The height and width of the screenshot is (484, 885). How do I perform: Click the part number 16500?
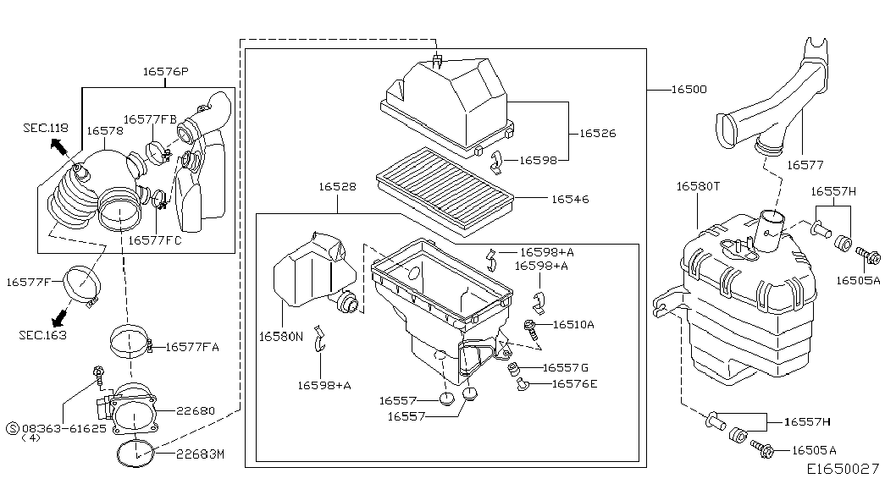(x=689, y=89)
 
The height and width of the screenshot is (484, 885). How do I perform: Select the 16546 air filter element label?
(x=570, y=200)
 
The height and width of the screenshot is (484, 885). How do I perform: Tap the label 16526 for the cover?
(x=598, y=134)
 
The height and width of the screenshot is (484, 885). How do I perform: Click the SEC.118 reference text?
(x=45, y=127)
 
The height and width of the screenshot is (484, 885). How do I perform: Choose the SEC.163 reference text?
(x=41, y=335)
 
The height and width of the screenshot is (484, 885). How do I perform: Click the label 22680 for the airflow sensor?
(x=196, y=411)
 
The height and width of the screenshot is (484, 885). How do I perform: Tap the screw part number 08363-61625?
(x=64, y=428)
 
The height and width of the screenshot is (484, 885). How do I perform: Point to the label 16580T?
(x=698, y=185)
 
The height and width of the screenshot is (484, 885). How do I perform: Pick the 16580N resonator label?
(x=280, y=337)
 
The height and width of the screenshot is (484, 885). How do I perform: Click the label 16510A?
(x=573, y=324)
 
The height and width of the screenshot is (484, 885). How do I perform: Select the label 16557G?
(x=565, y=367)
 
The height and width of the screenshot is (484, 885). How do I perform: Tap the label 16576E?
(x=574, y=383)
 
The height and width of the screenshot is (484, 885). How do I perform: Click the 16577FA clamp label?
(x=192, y=346)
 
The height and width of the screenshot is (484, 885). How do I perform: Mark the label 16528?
(x=337, y=186)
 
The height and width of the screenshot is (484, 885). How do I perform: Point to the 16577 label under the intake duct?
(x=805, y=166)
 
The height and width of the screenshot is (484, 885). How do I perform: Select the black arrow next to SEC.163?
(x=59, y=318)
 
